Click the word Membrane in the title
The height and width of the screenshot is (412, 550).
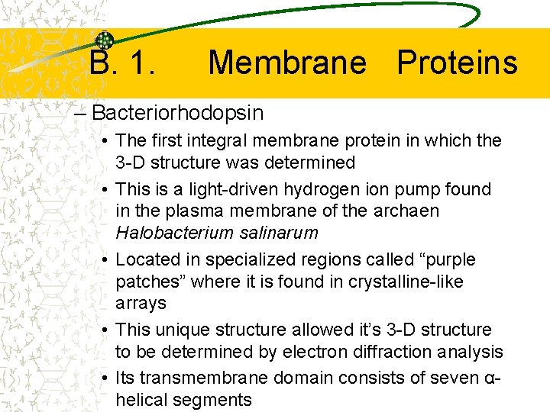coord(286,63)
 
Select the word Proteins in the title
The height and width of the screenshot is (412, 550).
coord(457,63)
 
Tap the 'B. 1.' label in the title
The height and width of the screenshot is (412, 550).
coord(123,63)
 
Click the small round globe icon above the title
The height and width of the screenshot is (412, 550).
coord(105,40)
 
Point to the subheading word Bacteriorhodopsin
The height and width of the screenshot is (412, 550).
coord(177,114)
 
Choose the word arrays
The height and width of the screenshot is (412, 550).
coord(141,304)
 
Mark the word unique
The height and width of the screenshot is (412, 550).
coord(180,330)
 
